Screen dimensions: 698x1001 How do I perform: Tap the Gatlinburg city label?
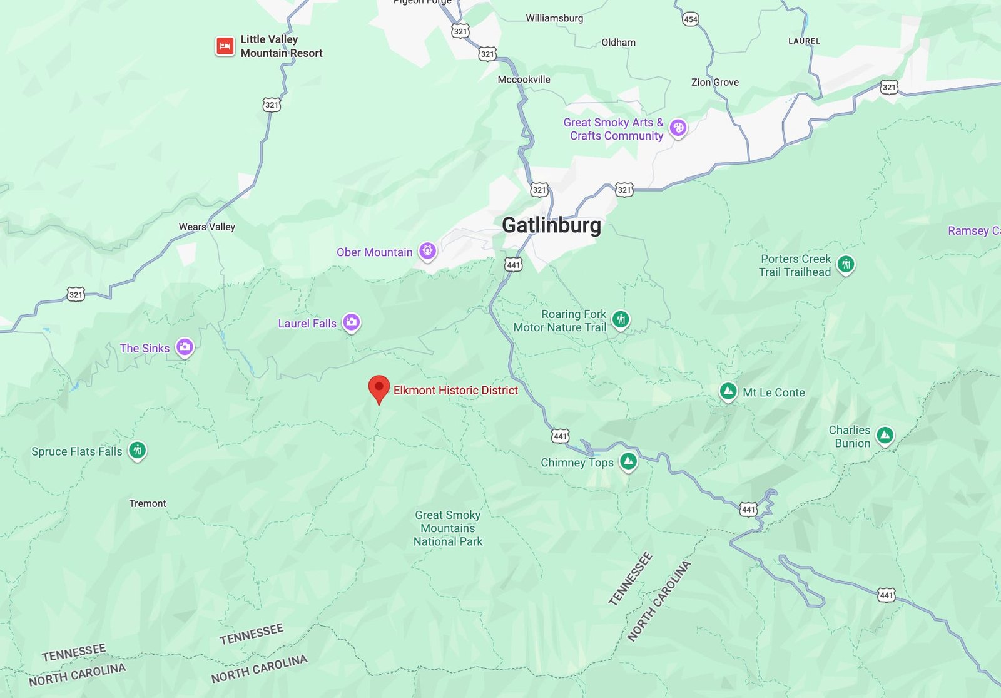click(x=551, y=225)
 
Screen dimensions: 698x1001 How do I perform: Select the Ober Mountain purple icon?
click(x=427, y=251)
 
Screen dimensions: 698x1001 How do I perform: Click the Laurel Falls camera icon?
click(x=352, y=322)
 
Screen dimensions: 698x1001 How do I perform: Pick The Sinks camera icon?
click(x=184, y=347)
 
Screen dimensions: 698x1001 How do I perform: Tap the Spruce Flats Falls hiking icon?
click(x=137, y=450)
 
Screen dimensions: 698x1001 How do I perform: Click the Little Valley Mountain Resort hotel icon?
click(x=225, y=46)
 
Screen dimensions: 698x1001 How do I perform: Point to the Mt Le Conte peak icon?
click(x=728, y=392)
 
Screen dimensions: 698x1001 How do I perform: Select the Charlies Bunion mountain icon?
click(x=885, y=435)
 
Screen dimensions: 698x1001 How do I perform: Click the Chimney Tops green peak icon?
click(x=628, y=462)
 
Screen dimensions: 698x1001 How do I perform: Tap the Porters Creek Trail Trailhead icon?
click(x=846, y=264)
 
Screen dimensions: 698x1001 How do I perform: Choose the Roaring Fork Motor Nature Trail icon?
click(x=621, y=320)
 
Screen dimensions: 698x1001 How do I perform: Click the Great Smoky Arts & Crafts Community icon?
click(x=678, y=128)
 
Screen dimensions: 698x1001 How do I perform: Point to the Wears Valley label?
click(x=206, y=227)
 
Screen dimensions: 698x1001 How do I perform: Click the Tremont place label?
click(x=148, y=503)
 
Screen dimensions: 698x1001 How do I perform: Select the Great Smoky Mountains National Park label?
click(x=448, y=528)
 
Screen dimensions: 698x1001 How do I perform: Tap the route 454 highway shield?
click(x=690, y=19)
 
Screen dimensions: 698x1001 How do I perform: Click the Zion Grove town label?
click(x=714, y=82)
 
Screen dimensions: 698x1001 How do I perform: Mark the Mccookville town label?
click(x=524, y=80)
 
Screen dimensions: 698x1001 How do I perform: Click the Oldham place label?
click(x=618, y=43)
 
